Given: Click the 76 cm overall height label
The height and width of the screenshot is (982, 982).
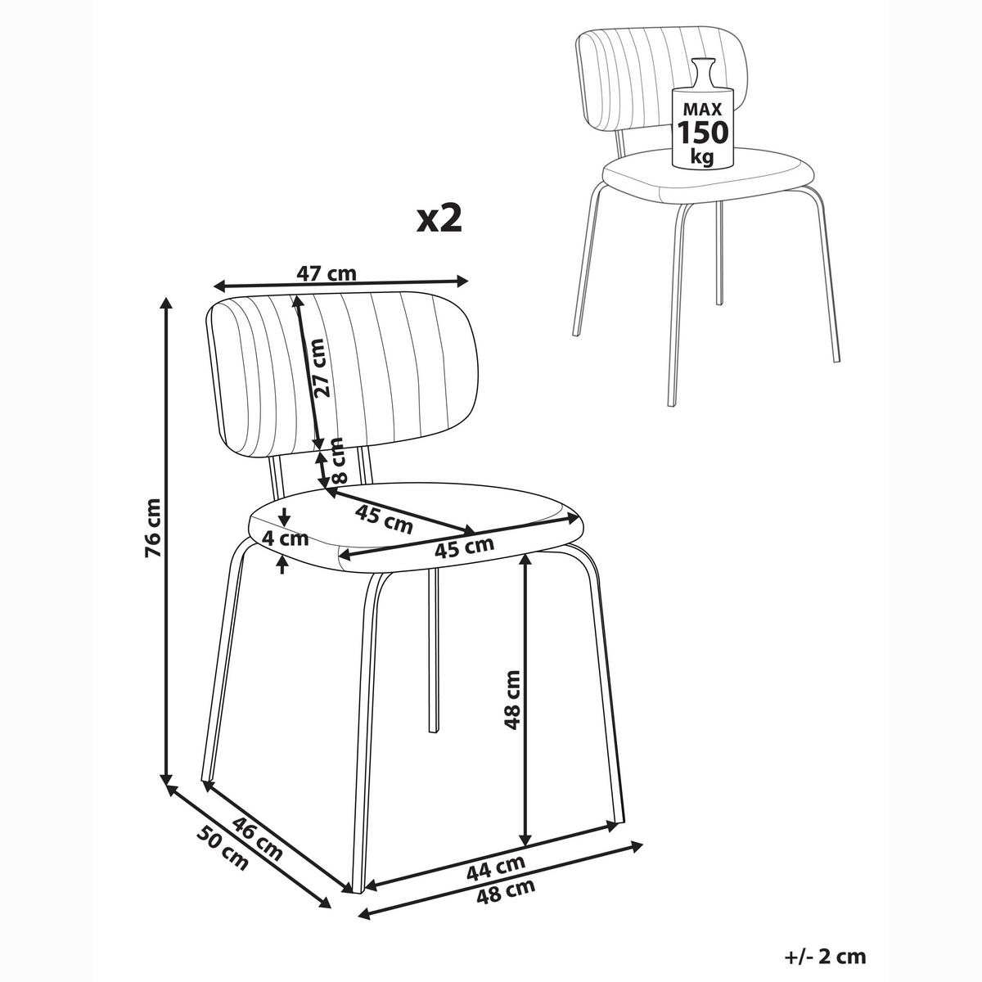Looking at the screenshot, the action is coord(153,528).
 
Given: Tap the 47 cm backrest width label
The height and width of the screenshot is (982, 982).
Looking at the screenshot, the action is coord(327,273).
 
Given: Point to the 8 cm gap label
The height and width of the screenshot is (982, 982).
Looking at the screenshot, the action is coord(338,460).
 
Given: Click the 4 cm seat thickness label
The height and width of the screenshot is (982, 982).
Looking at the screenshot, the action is coord(285,538).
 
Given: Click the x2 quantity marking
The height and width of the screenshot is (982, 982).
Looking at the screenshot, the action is coord(439,219).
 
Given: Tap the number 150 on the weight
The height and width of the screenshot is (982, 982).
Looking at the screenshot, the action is coord(703,132).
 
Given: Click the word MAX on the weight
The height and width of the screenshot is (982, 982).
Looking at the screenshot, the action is coord(703,109).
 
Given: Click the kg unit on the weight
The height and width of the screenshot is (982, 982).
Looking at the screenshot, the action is coord(702,156).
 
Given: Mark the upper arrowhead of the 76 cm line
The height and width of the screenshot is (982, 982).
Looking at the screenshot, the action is coord(165,303).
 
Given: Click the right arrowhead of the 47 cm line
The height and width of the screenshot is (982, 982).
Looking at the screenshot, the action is coord(462,281).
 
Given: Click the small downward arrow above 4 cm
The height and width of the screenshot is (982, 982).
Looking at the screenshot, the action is coord(285,518).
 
